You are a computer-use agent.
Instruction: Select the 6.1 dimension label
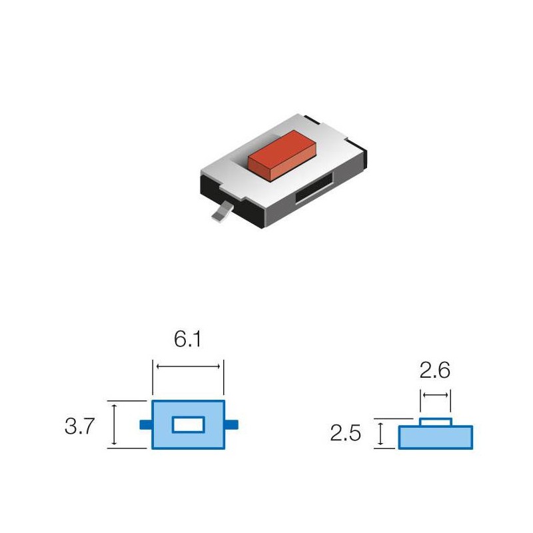(187, 339)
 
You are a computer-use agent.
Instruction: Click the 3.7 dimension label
(81, 426)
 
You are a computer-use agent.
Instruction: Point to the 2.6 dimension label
(435, 370)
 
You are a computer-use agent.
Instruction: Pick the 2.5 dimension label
(346, 434)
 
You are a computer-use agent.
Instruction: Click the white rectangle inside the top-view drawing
(187, 425)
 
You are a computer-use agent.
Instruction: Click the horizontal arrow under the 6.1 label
(187, 365)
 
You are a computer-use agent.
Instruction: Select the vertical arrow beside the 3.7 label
(115, 424)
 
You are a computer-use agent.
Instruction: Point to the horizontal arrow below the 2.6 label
(436, 395)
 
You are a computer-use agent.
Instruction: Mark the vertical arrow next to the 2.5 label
(380, 434)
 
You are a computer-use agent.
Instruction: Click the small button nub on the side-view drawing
(436, 422)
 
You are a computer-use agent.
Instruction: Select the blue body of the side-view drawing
(436, 438)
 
